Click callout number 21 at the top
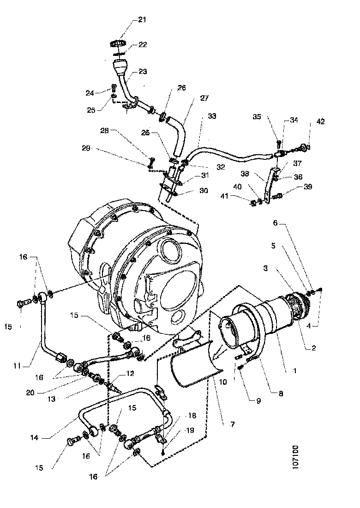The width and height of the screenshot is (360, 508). click(141, 19)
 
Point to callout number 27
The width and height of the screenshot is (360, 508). click(204, 98)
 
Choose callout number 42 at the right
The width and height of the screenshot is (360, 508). click(320, 122)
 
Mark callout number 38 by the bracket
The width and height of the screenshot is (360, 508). click(245, 175)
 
